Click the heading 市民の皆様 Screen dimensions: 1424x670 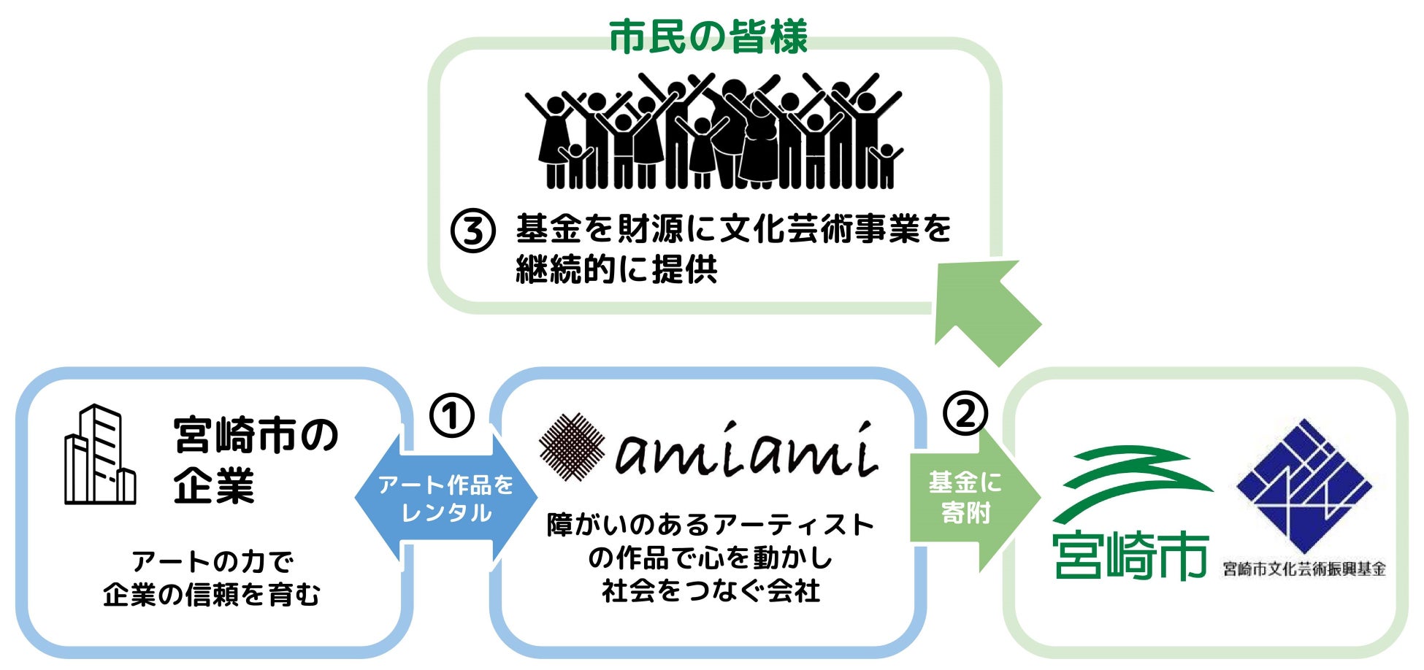tap(708, 38)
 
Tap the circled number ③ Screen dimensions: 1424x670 tap(472, 231)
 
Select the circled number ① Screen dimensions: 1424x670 tap(451, 416)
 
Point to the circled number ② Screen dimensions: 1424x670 tap(965, 414)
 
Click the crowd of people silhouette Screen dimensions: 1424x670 tap(713, 131)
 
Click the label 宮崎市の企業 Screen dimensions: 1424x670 tap(255, 460)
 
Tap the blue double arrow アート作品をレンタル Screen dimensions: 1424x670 tap(445, 499)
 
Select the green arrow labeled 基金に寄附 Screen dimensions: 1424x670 tap(968, 498)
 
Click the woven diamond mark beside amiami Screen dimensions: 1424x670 tap(572, 447)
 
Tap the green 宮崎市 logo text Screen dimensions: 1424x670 tap(1130, 556)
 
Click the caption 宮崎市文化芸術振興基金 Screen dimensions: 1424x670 tap(1304, 569)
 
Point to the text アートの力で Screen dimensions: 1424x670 tap(213, 562)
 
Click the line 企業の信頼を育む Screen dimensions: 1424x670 tap(212, 595)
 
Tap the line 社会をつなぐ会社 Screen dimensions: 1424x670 tap(711, 590)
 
